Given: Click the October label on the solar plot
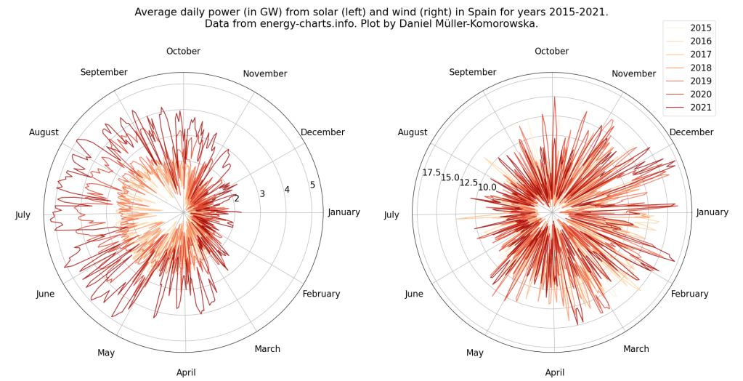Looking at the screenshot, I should click(x=183, y=51).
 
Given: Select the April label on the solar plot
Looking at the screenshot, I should click(x=186, y=373).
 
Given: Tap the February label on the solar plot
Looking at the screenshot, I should click(x=321, y=294).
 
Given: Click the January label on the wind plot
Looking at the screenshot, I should click(x=712, y=212).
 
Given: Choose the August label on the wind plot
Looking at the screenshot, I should click(x=413, y=132).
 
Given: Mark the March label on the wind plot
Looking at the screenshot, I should click(x=636, y=349).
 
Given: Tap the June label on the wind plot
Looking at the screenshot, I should click(x=414, y=294).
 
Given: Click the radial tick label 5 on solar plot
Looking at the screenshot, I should click(x=312, y=185).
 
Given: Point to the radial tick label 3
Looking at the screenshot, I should click(x=262, y=194).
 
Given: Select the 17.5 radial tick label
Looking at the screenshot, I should click(x=431, y=172).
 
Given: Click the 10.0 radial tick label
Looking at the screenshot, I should click(x=487, y=188).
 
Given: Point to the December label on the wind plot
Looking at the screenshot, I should click(x=691, y=132).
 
